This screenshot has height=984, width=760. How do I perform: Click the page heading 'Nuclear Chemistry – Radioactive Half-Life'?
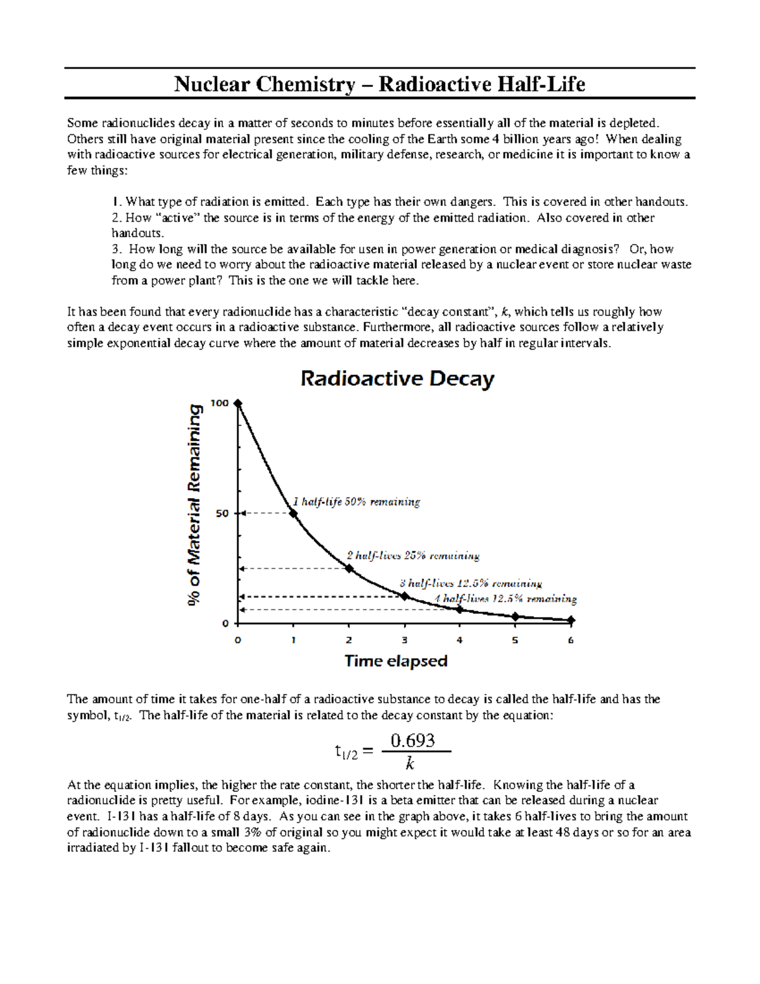tap(379, 84)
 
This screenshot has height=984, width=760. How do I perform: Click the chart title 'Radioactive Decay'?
tap(396, 379)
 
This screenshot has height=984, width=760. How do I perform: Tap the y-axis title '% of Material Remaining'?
tap(196, 506)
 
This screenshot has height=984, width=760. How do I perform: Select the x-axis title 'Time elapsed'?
tap(396, 661)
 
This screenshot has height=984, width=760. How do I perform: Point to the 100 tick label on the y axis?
tap(220, 404)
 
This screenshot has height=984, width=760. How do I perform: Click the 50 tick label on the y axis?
tap(222, 513)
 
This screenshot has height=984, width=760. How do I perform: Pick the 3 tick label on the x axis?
tap(404, 641)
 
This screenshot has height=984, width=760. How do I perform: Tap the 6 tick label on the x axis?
tap(571, 641)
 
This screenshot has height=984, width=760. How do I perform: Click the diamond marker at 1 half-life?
tap(293, 513)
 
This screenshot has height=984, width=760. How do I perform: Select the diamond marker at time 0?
tap(238, 404)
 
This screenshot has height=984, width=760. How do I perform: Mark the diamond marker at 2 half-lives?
tap(349, 568)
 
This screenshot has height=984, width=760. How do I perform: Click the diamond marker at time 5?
tap(516, 617)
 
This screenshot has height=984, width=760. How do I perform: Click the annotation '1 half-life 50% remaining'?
tap(356, 502)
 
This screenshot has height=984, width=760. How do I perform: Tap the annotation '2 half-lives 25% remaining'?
tap(413, 556)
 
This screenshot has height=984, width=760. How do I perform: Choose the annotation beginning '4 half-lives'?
tap(505, 599)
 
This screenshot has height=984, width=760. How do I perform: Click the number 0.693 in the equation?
tap(413, 740)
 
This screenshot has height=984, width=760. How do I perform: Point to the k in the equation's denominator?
tap(410, 762)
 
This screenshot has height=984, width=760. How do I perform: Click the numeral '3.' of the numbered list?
tap(116, 249)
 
